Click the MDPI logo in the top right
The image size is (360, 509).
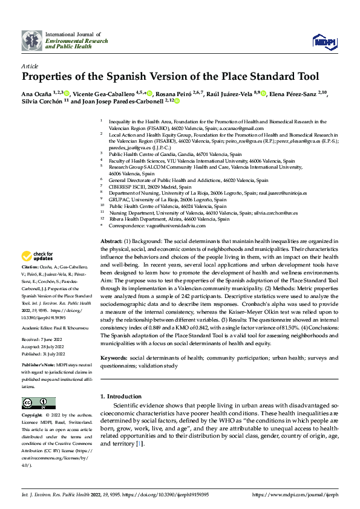pos(324,41)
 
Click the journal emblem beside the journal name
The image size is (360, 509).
pos(32,41)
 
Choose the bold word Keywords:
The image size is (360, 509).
pos(114,358)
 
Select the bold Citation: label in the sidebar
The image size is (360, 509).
pos(31,283)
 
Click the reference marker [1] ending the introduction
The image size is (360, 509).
pos(140,444)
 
